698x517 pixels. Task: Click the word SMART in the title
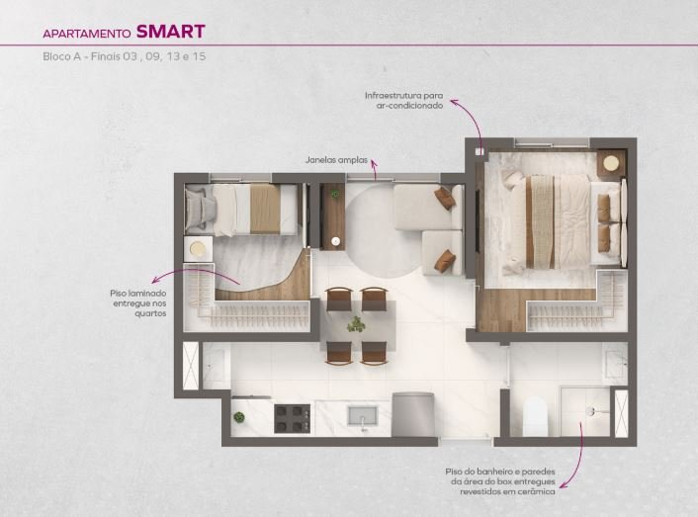[170, 32]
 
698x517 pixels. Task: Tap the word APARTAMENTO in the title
[87, 34]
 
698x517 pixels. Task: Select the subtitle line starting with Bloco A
[125, 56]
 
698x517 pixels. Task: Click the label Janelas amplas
[336, 160]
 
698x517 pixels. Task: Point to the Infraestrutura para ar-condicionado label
[403, 101]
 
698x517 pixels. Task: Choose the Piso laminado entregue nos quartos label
[138, 303]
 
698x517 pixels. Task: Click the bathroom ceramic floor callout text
[500, 481]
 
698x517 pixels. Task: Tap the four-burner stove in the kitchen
[292, 418]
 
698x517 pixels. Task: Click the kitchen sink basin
[363, 415]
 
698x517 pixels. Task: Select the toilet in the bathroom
[535, 417]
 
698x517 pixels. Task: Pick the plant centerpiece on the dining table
[356, 324]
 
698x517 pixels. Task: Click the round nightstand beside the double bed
[612, 164]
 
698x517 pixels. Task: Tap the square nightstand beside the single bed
[198, 249]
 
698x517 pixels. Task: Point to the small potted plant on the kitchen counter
[239, 417]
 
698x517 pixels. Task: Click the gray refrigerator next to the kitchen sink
[412, 414]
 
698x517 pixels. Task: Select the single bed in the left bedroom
[241, 210]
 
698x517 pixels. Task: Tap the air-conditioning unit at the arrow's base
[479, 151]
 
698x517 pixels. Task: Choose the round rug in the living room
[383, 230]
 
